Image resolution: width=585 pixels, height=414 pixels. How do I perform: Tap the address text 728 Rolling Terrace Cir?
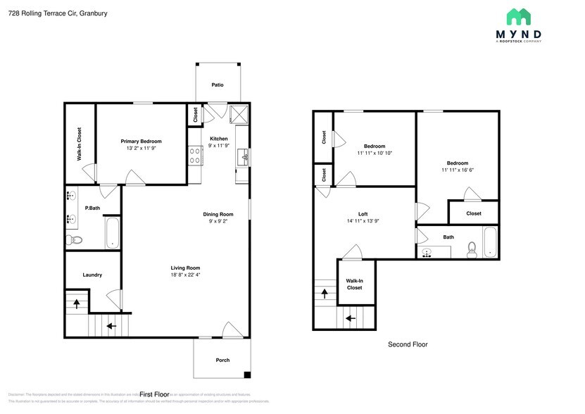42,13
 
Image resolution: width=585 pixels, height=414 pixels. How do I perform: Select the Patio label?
218,85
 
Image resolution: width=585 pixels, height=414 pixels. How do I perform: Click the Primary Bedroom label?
141,141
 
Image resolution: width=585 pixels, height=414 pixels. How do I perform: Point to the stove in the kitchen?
195,155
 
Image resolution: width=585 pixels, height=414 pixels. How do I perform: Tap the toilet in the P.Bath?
75,240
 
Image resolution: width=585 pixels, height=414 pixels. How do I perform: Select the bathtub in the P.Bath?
113,232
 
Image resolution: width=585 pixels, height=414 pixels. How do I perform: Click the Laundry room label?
92,275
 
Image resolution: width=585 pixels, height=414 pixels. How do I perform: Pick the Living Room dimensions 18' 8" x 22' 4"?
185,275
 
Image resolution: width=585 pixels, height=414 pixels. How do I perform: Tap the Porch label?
222,360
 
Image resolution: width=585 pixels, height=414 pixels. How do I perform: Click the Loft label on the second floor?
363,213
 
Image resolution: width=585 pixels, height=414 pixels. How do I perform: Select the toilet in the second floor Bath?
472,248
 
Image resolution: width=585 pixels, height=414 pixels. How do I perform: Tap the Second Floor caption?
408,344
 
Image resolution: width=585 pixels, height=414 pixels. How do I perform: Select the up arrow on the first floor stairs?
77,304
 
